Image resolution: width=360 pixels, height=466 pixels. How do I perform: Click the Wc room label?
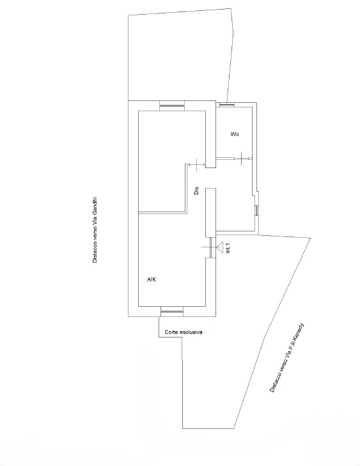235,134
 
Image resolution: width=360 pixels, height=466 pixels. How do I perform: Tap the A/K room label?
152,279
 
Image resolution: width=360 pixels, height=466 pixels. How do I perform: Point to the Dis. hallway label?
196,190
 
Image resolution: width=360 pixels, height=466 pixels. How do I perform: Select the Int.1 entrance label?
228,248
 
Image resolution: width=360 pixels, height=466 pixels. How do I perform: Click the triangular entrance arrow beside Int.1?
220,247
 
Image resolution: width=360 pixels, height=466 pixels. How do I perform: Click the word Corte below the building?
171,332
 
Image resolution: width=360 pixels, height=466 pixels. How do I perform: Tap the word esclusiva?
191,332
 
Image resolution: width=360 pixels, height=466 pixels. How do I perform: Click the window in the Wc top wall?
227,105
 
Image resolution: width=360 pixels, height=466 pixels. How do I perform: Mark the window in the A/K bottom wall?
172,312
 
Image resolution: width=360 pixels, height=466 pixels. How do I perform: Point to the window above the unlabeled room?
172,105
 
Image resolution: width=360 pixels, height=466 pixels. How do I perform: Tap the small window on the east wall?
256,210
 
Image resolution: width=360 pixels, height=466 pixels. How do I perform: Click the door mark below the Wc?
242,159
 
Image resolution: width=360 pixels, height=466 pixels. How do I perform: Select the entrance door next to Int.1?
211,247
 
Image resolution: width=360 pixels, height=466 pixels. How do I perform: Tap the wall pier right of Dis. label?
211,213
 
